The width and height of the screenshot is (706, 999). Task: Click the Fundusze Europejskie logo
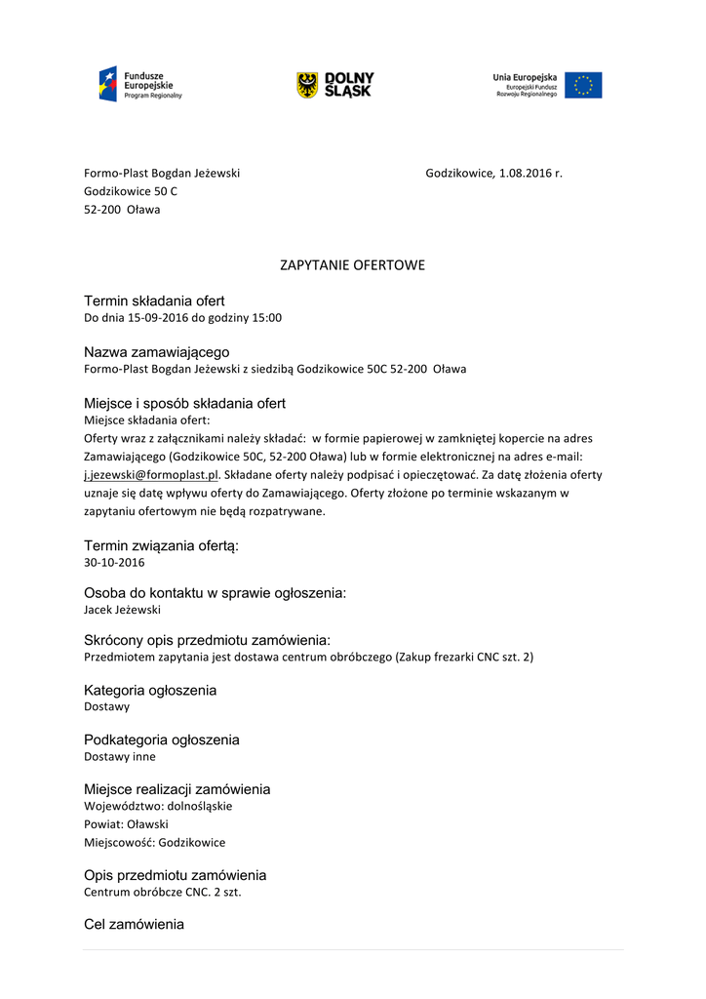(139, 85)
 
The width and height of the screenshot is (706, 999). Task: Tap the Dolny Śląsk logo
(334, 85)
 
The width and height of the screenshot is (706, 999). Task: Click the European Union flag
(583, 85)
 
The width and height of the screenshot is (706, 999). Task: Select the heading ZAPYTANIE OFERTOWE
(353, 265)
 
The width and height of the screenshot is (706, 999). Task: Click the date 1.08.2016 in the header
(526, 174)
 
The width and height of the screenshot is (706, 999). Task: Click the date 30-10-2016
(114, 563)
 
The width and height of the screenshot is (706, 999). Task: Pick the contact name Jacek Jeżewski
(122, 610)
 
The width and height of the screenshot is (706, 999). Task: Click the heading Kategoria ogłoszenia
(150, 691)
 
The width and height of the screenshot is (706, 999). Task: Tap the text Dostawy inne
(119, 756)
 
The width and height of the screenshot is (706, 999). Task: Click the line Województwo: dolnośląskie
(158, 807)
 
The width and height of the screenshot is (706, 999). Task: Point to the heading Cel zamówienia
(134, 924)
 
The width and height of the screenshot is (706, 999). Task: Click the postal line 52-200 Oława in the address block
(122, 210)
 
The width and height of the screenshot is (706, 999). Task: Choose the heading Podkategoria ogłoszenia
(162, 740)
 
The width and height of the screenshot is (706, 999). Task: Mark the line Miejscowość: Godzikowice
(154, 843)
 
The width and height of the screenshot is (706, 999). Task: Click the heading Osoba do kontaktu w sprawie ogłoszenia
(216, 593)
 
